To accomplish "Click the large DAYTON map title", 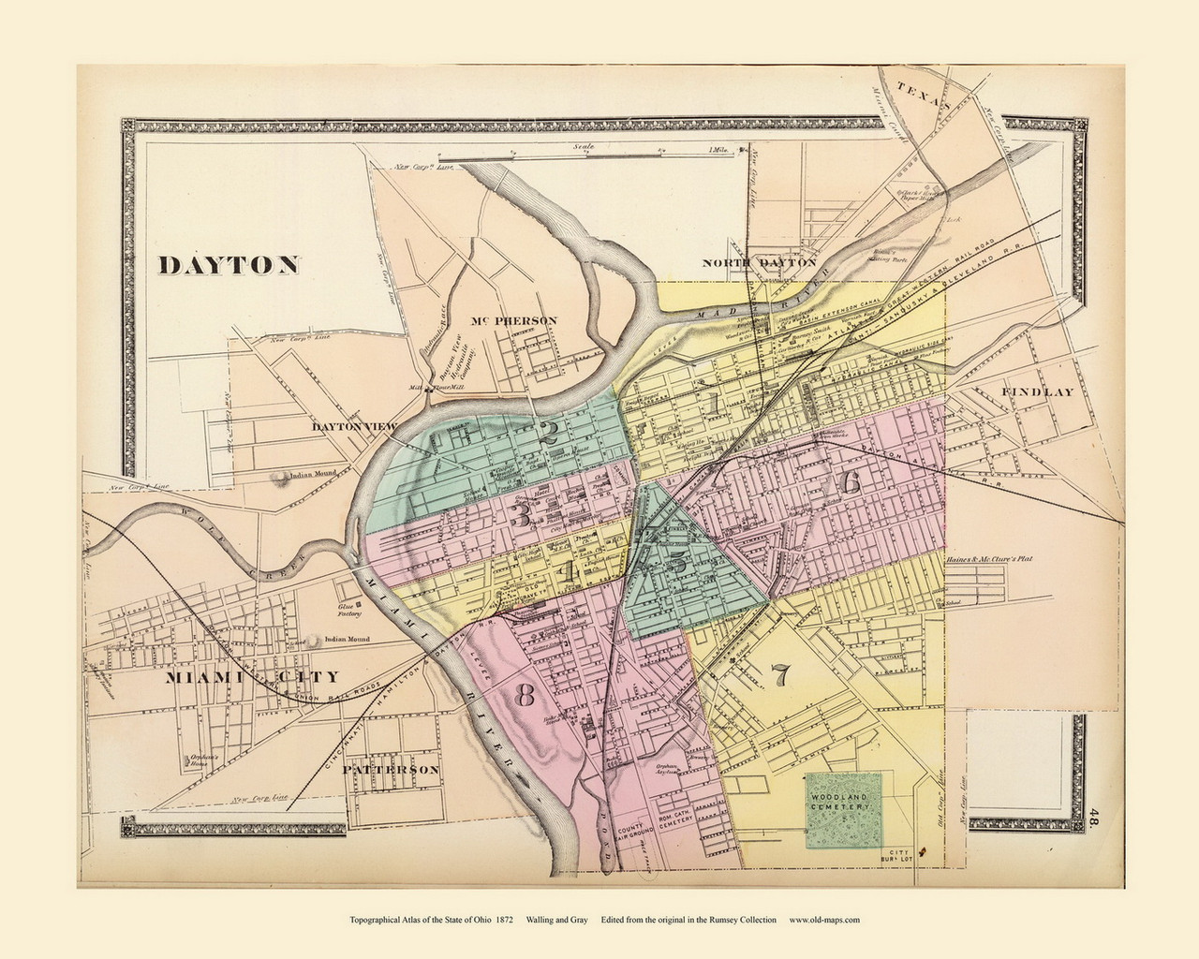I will coord(229,265).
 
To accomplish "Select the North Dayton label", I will coord(760,264).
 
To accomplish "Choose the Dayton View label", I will coord(356,426).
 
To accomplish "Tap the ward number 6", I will coord(851,482).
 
